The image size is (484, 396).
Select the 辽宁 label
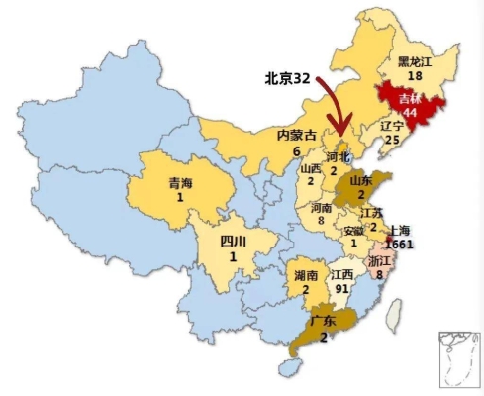point(392,128)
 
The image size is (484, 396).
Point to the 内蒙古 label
point(295,136)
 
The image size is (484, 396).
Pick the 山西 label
point(310,169)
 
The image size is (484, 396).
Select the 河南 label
point(322,209)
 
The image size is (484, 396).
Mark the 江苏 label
point(372,212)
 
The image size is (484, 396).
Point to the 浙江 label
point(379,260)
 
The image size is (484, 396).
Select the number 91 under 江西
point(343,289)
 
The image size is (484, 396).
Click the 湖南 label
point(306,275)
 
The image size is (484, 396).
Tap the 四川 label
point(234,241)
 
